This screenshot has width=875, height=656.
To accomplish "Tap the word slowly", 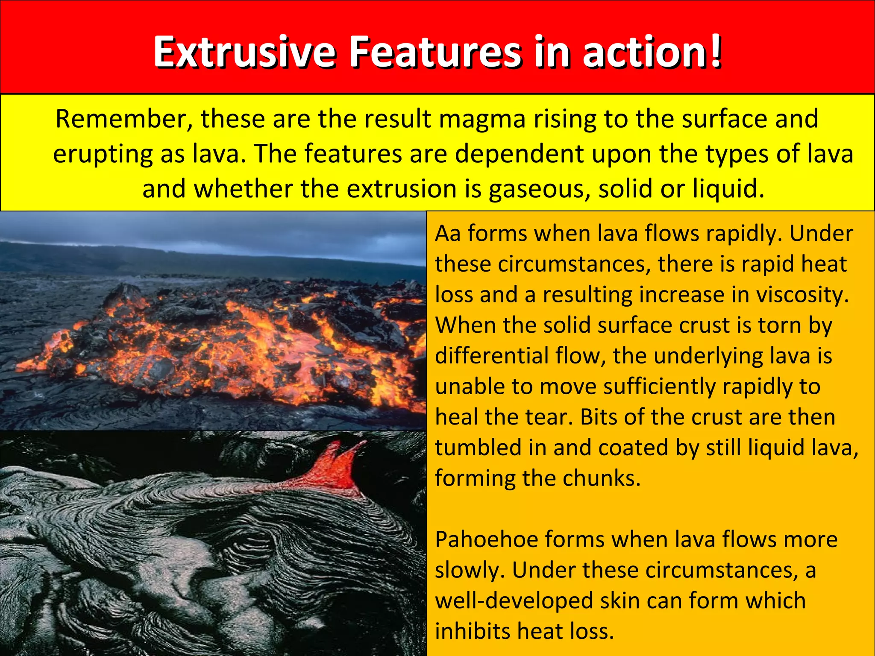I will [470, 571].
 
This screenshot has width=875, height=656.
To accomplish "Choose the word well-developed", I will [514, 601].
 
